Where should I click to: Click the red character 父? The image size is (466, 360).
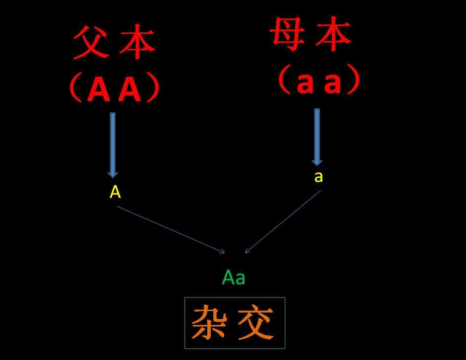(x=91, y=42)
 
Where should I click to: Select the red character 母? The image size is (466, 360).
(x=287, y=33)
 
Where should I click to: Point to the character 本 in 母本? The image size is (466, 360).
(x=333, y=33)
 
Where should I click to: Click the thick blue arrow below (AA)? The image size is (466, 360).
(x=112, y=145)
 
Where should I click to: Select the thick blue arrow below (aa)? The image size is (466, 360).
(x=317, y=137)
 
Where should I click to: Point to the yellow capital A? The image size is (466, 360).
(x=115, y=192)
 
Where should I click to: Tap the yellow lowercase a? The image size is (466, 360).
(x=318, y=177)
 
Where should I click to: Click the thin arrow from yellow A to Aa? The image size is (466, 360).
(x=171, y=230)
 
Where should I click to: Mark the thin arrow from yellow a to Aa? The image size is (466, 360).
(x=283, y=221)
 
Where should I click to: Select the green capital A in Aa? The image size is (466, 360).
(x=228, y=277)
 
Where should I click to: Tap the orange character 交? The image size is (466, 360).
(x=256, y=322)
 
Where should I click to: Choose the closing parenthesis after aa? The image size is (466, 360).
(x=354, y=80)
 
